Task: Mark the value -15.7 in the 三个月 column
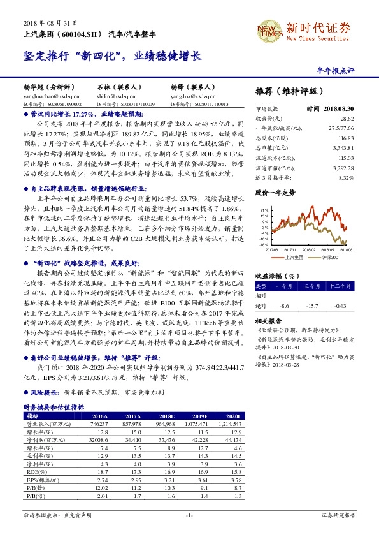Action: coord(313,305)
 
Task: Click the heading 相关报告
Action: coord(268,321)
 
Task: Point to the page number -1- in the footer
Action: coord(189,515)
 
